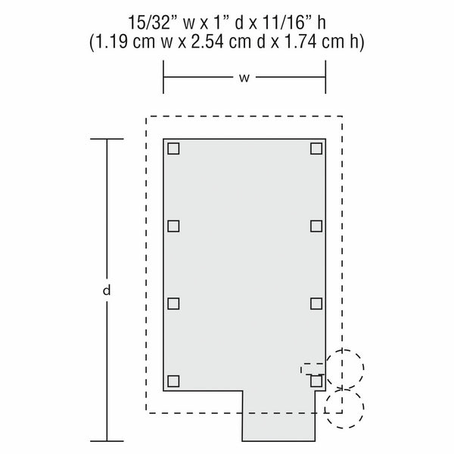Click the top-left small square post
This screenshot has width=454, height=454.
pyautogui.click(x=173, y=148)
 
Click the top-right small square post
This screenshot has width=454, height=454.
pyautogui.click(x=316, y=148)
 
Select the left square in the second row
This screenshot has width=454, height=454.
pyautogui.click(x=173, y=225)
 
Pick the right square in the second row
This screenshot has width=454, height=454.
pyautogui.click(x=316, y=225)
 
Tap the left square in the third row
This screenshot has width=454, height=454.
pyautogui.click(x=173, y=303)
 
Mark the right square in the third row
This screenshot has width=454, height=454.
pyautogui.click(x=316, y=303)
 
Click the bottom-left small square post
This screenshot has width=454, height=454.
pyautogui.click(x=173, y=381)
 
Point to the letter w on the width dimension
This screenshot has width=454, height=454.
pyautogui.click(x=244, y=77)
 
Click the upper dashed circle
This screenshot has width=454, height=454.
pyautogui.click(x=344, y=368)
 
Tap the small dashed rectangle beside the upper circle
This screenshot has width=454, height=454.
pyautogui.click(x=313, y=368)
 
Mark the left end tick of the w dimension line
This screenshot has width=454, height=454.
pyautogui.click(x=164, y=77)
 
